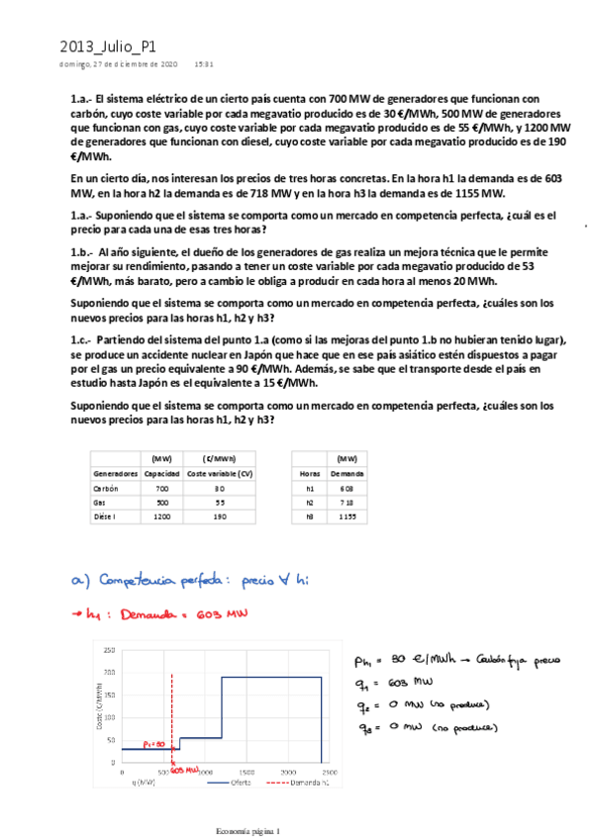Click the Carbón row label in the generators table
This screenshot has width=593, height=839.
tap(105, 489)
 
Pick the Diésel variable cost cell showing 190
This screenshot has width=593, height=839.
tap(220, 515)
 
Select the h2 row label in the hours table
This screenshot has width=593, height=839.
tap(310, 502)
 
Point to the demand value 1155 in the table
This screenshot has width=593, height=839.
tap(346, 515)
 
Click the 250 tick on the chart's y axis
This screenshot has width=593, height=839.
tap(109, 650)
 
